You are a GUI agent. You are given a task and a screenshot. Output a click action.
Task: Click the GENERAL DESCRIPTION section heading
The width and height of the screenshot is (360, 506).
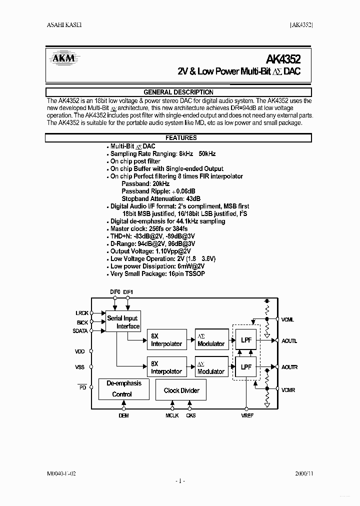[x=178, y=92]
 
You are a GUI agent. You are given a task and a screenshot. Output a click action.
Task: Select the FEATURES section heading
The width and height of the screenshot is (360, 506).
[x=181, y=137]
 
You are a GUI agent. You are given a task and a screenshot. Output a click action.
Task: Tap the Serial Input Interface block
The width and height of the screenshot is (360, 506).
[x=122, y=322]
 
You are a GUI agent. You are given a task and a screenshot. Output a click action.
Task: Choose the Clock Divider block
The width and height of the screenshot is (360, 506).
[x=181, y=390]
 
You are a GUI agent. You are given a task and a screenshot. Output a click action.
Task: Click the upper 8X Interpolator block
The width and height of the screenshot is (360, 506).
[x=166, y=340]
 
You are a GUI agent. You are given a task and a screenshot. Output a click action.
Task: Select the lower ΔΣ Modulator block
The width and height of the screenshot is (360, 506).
[x=211, y=367]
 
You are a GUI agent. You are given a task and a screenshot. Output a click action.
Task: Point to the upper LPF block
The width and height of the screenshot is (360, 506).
[x=246, y=340]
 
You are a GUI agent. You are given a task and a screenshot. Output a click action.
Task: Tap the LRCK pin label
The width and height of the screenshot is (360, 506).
[x=81, y=313]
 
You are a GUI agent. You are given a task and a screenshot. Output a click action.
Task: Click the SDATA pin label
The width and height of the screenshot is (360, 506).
[x=80, y=331]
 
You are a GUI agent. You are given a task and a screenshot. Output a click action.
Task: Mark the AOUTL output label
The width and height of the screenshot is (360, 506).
[x=289, y=341]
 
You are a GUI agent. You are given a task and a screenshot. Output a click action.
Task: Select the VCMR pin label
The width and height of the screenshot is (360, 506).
[x=288, y=390]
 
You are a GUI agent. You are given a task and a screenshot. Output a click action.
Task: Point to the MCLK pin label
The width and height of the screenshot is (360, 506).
[x=172, y=415]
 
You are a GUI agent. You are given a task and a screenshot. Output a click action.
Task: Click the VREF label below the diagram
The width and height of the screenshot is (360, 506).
[x=247, y=415]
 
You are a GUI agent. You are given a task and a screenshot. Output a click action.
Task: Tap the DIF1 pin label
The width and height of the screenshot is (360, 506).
[x=128, y=291]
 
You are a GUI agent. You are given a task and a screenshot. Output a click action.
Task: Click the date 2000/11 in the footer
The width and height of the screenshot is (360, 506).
[x=303, y=472]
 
